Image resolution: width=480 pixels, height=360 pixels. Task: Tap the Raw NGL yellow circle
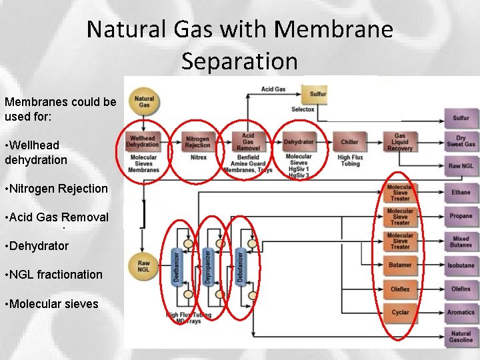coord(144,266)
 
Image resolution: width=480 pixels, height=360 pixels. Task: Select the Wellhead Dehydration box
coord(143,141)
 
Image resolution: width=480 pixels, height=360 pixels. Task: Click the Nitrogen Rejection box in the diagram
coord(197,141)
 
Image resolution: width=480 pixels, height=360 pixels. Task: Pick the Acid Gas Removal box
coord(247,141)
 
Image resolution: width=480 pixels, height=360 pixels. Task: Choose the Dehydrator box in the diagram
coord(299,141)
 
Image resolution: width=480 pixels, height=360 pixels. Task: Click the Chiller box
coord(349,141)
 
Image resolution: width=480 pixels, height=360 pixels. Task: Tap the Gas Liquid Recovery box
coord(400,141)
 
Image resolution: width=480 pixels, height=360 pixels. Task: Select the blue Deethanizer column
coord(177,266)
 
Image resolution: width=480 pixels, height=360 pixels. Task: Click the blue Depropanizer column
coord(209,266)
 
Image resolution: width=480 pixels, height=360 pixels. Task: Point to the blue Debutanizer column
coord(241,266)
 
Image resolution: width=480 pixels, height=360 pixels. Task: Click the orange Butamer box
coord(400,265)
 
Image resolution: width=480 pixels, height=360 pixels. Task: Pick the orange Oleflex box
coord(400,289)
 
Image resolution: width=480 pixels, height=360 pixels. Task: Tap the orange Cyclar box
coord(400,312)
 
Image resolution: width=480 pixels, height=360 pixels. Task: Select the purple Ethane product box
coord(461,193)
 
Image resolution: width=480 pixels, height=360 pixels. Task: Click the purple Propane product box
coord(461,216)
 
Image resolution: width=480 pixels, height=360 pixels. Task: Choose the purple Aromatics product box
coord(461,312)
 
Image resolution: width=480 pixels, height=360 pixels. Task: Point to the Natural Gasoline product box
coord(461,337)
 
